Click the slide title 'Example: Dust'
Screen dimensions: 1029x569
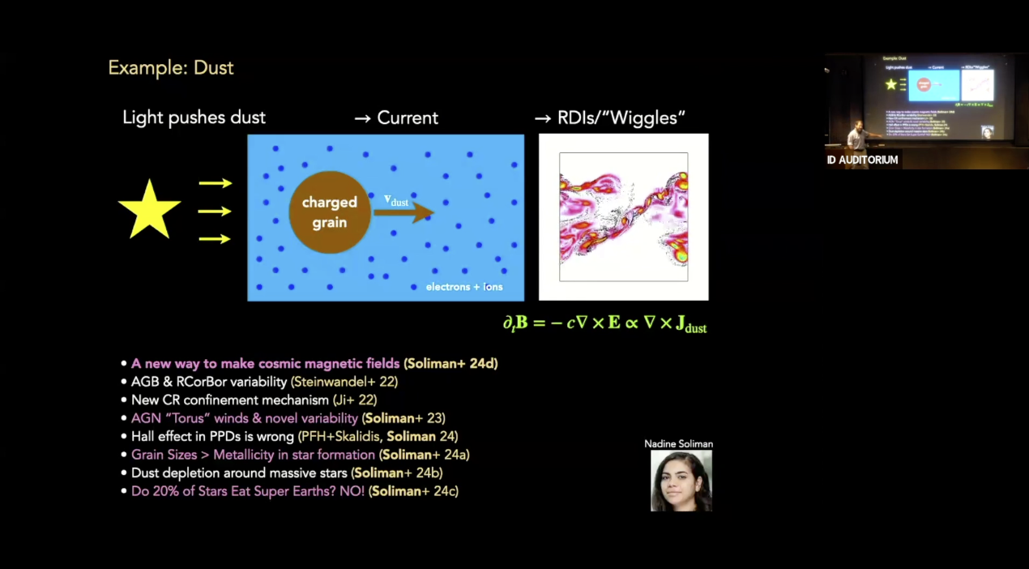click(171, 68)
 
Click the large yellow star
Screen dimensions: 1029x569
click(149, 211)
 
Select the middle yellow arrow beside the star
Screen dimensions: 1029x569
click(215, 212)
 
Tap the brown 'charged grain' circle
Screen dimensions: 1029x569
click(330, 212)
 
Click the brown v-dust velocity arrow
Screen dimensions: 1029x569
click(403, 212)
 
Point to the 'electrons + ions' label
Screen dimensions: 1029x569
click(464, 287)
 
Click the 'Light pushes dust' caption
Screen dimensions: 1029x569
click(194, 118)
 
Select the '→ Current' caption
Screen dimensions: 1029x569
click(396, 118)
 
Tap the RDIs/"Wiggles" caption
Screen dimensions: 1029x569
click(609, 118)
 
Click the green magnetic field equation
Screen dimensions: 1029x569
click(605, 323)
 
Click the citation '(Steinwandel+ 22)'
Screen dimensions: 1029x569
click(344, 382)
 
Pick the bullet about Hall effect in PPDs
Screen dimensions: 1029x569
click(290, 437)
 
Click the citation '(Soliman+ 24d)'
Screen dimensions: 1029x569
click(450, 364)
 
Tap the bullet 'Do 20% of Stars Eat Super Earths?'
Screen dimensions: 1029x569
click(290, 491)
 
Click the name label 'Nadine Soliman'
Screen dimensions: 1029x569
click(678, 444)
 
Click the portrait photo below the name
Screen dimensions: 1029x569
click(681, 481)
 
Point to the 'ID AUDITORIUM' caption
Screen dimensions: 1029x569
click(862, 160)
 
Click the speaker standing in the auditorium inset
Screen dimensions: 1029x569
click(857, 135)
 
